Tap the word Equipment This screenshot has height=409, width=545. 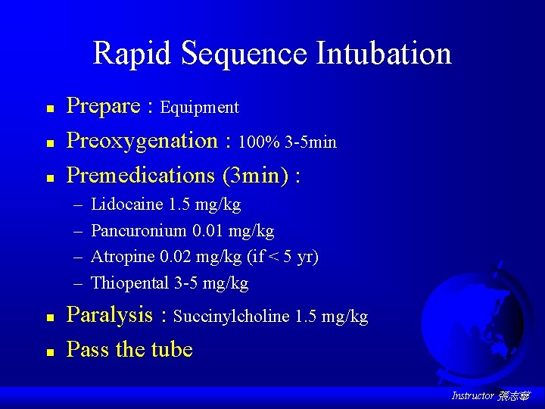tap(199, 108)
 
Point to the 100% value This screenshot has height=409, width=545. tap(257, 142)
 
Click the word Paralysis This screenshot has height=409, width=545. tap(110, 316)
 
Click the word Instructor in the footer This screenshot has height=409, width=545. tap(472, 395)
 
